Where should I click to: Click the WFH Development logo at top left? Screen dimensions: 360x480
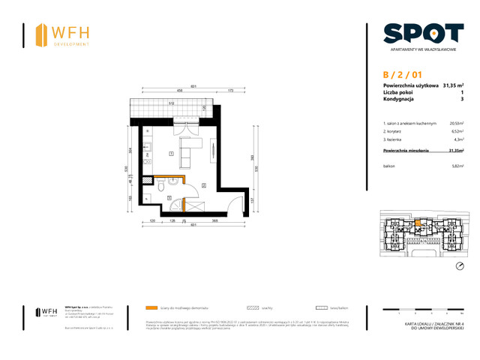coord(63,34)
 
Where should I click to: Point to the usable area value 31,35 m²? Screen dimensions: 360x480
coord(453,85)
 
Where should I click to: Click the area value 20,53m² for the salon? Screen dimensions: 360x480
coord(455,122)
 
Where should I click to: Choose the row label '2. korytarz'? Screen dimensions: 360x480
coord(395,130)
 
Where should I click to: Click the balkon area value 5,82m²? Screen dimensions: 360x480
coord(455,166)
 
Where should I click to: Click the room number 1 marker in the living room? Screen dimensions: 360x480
coord(172,154)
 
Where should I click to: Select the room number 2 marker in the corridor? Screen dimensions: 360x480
coord(203,185)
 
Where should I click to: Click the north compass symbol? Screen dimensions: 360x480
coord(460,266)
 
